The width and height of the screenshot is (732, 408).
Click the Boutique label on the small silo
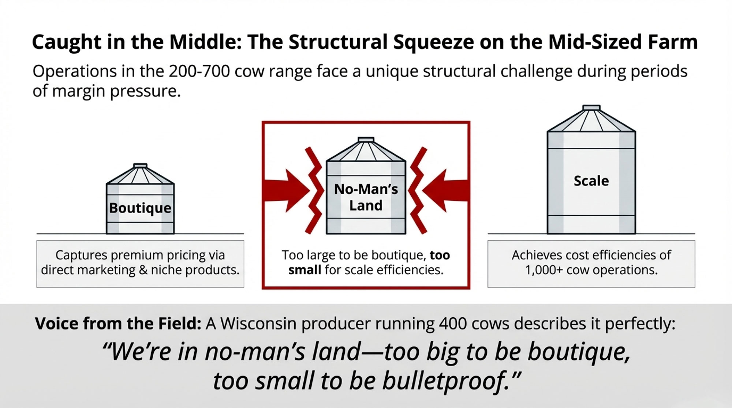tap(140, 208)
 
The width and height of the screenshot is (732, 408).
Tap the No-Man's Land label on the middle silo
tap(366, 197)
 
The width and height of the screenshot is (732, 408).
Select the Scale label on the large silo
tap(591, 181)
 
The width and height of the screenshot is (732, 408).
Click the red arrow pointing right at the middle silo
tap(287, 190)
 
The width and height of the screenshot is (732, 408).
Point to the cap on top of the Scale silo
tap(591, 107)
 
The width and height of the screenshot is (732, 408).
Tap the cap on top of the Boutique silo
tap(140, 166)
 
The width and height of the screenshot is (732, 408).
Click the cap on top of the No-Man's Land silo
tap(366, 140)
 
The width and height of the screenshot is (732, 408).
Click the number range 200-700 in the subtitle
tap(199, 71)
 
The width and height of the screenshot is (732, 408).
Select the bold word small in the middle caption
tap(305, 270)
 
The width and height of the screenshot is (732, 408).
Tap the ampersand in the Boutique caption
tap(143, 270)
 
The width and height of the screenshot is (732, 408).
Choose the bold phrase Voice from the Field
tap(118, 324)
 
